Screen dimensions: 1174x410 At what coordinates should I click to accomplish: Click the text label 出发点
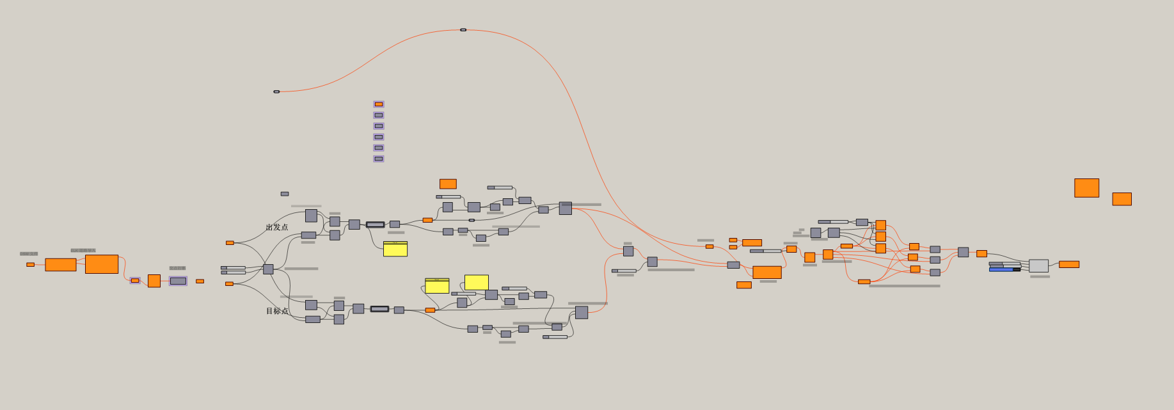pyautogui.click(x=277, y=227)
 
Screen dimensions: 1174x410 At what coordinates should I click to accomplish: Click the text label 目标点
pyautogui.click(x=277, y=311)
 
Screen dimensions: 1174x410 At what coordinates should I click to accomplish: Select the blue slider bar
pyautogui.click(x=1001, y=269)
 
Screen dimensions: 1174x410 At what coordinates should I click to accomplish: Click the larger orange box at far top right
pyautogui.click(x=1086, y=187)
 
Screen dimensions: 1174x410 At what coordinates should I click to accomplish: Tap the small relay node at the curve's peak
pyautogui.click(x=463, y=29)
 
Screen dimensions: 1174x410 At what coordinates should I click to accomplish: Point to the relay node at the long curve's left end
pyautogui.click(x=276, y=91)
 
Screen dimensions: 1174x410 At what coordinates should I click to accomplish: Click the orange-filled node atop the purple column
pyautogui.click(x=379, y=104)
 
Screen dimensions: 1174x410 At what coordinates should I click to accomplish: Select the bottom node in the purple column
pyautogui.click(x=379, y=159)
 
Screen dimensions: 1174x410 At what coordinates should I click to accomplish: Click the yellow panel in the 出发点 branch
pyautogui.click(x=395, y=249)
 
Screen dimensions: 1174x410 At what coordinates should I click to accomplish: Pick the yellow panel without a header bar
pyautogui.click(x=477, y=282)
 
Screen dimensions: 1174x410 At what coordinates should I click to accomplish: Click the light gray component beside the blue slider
pyautogui.click(x=1038, y=265)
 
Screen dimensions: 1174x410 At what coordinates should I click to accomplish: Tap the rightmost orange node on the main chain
pyautogui.click(x=1068, y=264)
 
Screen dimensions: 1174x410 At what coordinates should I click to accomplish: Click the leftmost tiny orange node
pyautogui.click(x=30, y=264)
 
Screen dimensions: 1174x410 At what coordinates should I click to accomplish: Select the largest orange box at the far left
pyautogui.click(x=102, y=264)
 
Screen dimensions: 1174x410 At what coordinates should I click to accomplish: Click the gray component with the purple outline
pyautogui.click(x=178, y=281)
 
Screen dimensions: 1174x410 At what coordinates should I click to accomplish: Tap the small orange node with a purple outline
pyautogui.click(x=135, y=280)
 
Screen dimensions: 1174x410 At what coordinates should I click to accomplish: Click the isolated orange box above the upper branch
pyautogui.click(x=448, y=184)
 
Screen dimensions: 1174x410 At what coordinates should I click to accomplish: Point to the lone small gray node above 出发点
pyautogui.click(x=285, y=194)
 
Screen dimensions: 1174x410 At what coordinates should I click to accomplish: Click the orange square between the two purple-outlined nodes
pyautogui.click(x=154, y=281)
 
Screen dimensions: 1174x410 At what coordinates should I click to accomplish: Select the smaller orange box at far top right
pyautogui.click(x=1122, y=199)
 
